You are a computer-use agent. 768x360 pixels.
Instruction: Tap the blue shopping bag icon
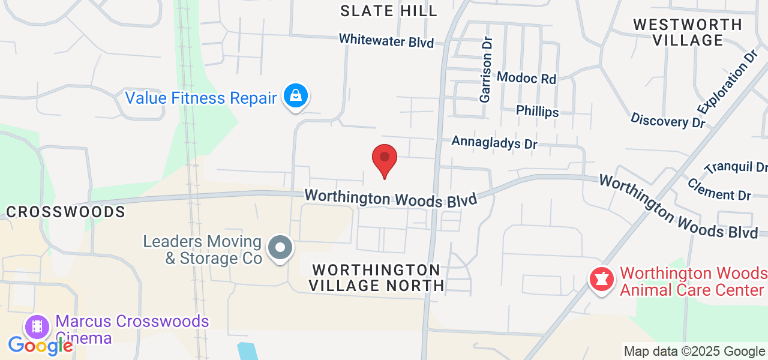tap(296, 95)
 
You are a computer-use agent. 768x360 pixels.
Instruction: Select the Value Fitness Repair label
tap(200, 98)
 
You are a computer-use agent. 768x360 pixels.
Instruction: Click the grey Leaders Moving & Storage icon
tap(280, 247)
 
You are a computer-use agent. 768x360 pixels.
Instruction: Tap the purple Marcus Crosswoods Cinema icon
tap(38, 327)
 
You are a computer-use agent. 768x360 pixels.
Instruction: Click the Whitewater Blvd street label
tap(386, 40)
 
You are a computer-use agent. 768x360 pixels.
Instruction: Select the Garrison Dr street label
tap(485, 70)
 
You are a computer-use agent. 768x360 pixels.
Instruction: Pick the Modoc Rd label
tap(527, 77)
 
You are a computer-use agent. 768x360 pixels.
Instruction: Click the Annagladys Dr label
tap(494, 143)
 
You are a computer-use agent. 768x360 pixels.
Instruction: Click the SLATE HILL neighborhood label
tap(389, 11)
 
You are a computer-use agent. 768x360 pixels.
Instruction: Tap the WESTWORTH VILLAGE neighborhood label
tap(688, 32)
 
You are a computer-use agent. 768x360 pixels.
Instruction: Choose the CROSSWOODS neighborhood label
tap(65, 212)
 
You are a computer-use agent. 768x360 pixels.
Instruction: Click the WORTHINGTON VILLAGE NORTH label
tap(376, 277)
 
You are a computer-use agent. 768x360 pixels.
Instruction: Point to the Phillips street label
tap(537, 112)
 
